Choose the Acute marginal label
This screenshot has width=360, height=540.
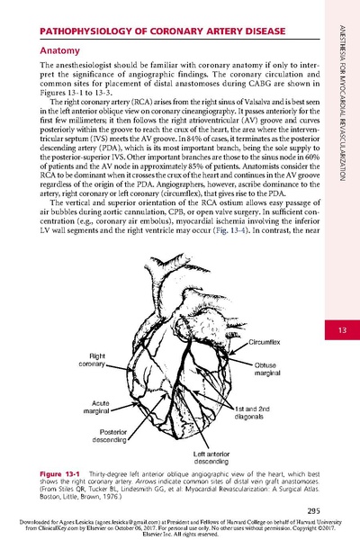(94, 409)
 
